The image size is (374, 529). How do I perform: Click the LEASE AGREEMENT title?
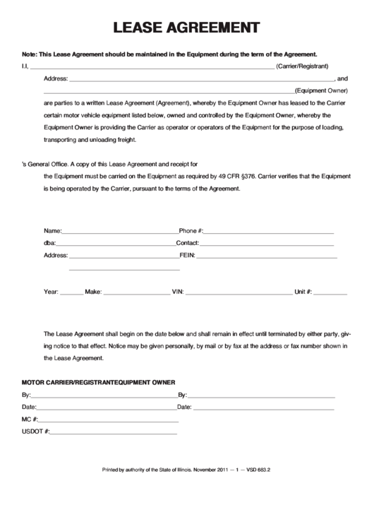[x=186, y=28]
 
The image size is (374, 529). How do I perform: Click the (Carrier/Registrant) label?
[x=302, y=66]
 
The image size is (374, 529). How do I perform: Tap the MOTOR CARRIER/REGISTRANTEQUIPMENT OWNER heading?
[x=98, y=382]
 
